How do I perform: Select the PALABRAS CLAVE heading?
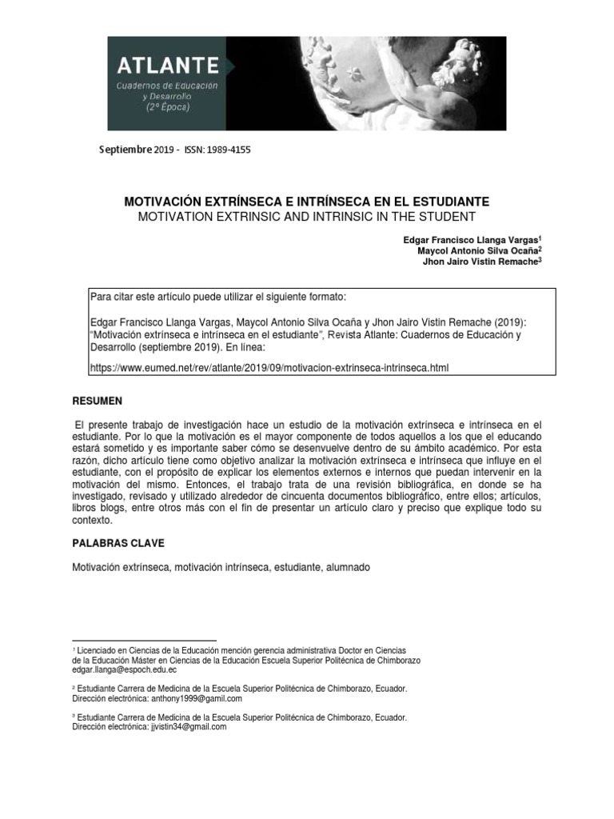coord(118,543)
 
